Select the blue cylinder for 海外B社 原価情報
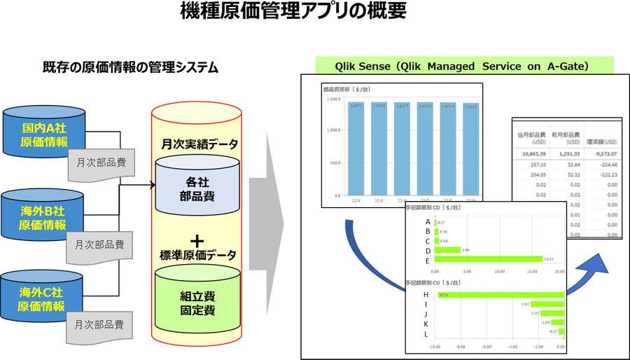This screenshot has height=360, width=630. [x=43, y=217]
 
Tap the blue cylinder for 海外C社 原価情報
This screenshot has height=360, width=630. [x=43, y=299]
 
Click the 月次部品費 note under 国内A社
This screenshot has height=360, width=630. [x=101, y=163]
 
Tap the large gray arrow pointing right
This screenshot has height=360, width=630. [x=266, y=224]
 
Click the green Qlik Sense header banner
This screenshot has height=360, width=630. [x=464, y=66]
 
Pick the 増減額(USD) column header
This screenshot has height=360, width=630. [x=601, y=137]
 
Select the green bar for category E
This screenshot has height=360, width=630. [x=488, y=259]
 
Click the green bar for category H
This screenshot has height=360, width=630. [x=500, y=295]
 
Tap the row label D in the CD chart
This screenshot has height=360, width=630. [x=428, y=250]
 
